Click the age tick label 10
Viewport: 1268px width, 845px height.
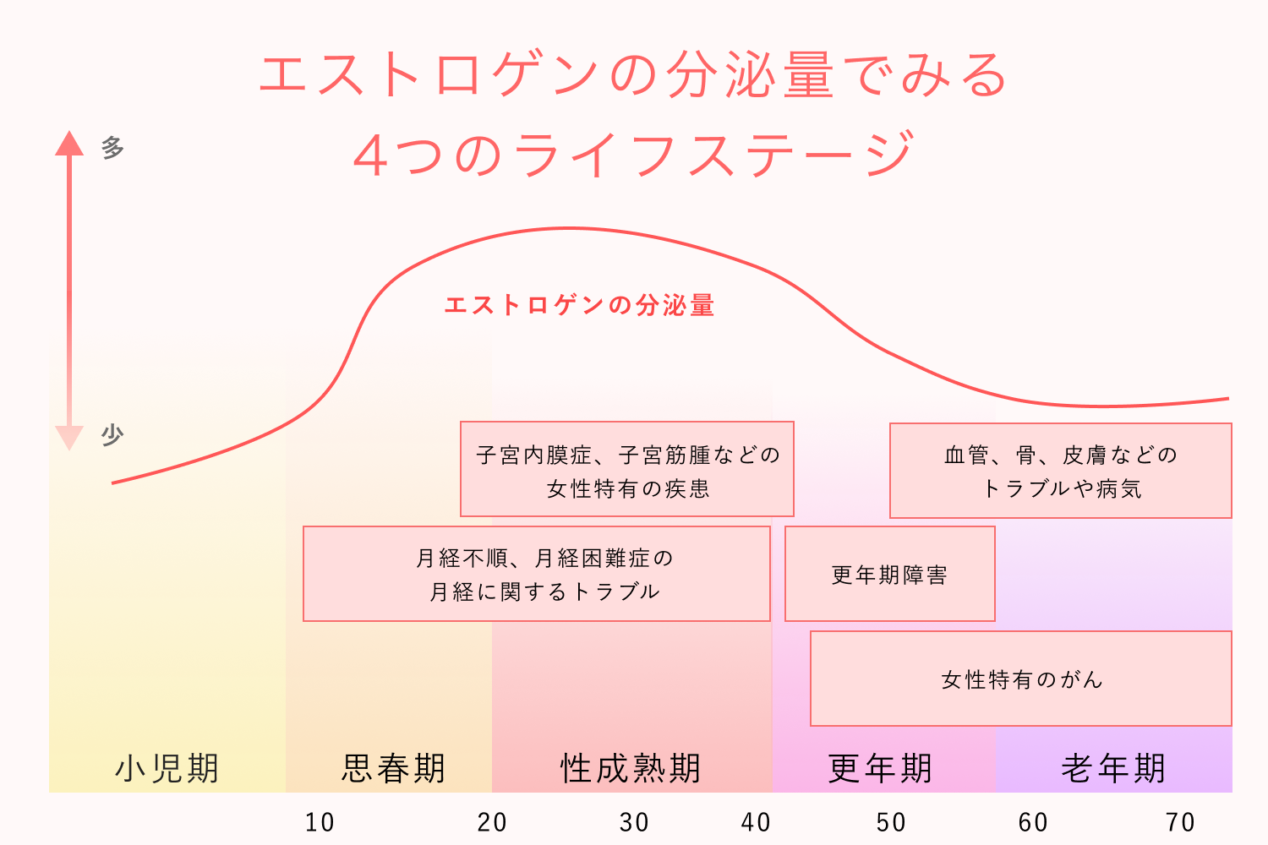(x=320, y=822)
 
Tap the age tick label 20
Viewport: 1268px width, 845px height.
(x=492, y=822)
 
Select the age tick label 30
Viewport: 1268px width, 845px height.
(x=634, y=822)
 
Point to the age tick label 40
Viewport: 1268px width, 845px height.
(x=756, y=822)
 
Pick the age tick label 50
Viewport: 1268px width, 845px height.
(x=891, y=822)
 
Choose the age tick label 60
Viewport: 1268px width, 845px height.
(x=1033, y=822)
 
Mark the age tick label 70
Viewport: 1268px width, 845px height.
(x=1180, y=822)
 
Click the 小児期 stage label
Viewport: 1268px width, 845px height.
(x=167, y=768)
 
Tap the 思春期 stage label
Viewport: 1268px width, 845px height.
(x=393, y=768)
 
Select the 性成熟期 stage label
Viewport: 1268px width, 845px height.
(x=631, y=768)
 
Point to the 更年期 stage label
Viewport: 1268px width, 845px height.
(x=880, y=768)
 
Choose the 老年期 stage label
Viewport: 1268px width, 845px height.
(x=1113, y=768)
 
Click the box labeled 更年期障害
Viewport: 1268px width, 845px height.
(x=889, y=575)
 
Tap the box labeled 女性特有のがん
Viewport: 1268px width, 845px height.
(x=1021, y=679)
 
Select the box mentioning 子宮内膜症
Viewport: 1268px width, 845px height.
(x=627, y=470)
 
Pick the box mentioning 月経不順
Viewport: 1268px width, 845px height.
(x=537, y=575)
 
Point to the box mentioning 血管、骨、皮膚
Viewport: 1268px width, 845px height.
(x=1061, y=471)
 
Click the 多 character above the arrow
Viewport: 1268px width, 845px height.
(x=112, y=148)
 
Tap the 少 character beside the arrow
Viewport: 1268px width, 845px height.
(x=112, y=435)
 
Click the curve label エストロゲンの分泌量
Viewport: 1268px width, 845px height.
(x=579, y=305)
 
